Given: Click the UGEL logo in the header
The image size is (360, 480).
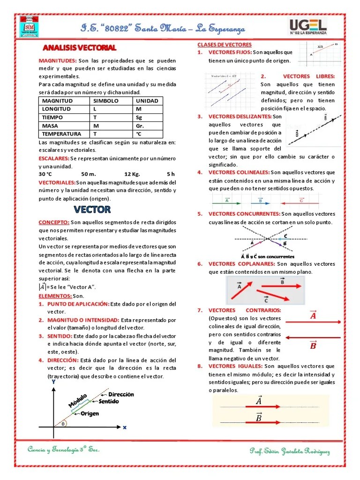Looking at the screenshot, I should click(x=308, y=29).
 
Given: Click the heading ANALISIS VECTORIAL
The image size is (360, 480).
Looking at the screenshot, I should click(x=80, y=48).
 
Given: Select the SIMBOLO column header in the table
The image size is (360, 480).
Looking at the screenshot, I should click(x=106, y=101).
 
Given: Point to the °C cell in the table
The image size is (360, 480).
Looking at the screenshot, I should click(x=139, y=134).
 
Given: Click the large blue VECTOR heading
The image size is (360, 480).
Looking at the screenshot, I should click(x=92, y=209).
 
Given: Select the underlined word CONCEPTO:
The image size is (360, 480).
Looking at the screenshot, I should click(x=54, y=222).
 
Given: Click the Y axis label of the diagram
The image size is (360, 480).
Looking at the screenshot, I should click(x=53, y=382).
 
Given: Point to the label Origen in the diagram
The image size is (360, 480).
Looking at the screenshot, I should click(x=90, y=413).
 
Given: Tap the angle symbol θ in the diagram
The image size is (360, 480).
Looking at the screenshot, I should click(x=62, y=424).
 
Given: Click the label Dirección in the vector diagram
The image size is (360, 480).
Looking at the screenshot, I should click(x=121, y=394).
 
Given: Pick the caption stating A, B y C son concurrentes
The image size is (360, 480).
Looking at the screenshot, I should click(x=267, y=256).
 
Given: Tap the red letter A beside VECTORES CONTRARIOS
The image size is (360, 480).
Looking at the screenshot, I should click(x=313, y=316).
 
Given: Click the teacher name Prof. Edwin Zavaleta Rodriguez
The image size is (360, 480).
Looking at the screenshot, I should click(x=290, y=451).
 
